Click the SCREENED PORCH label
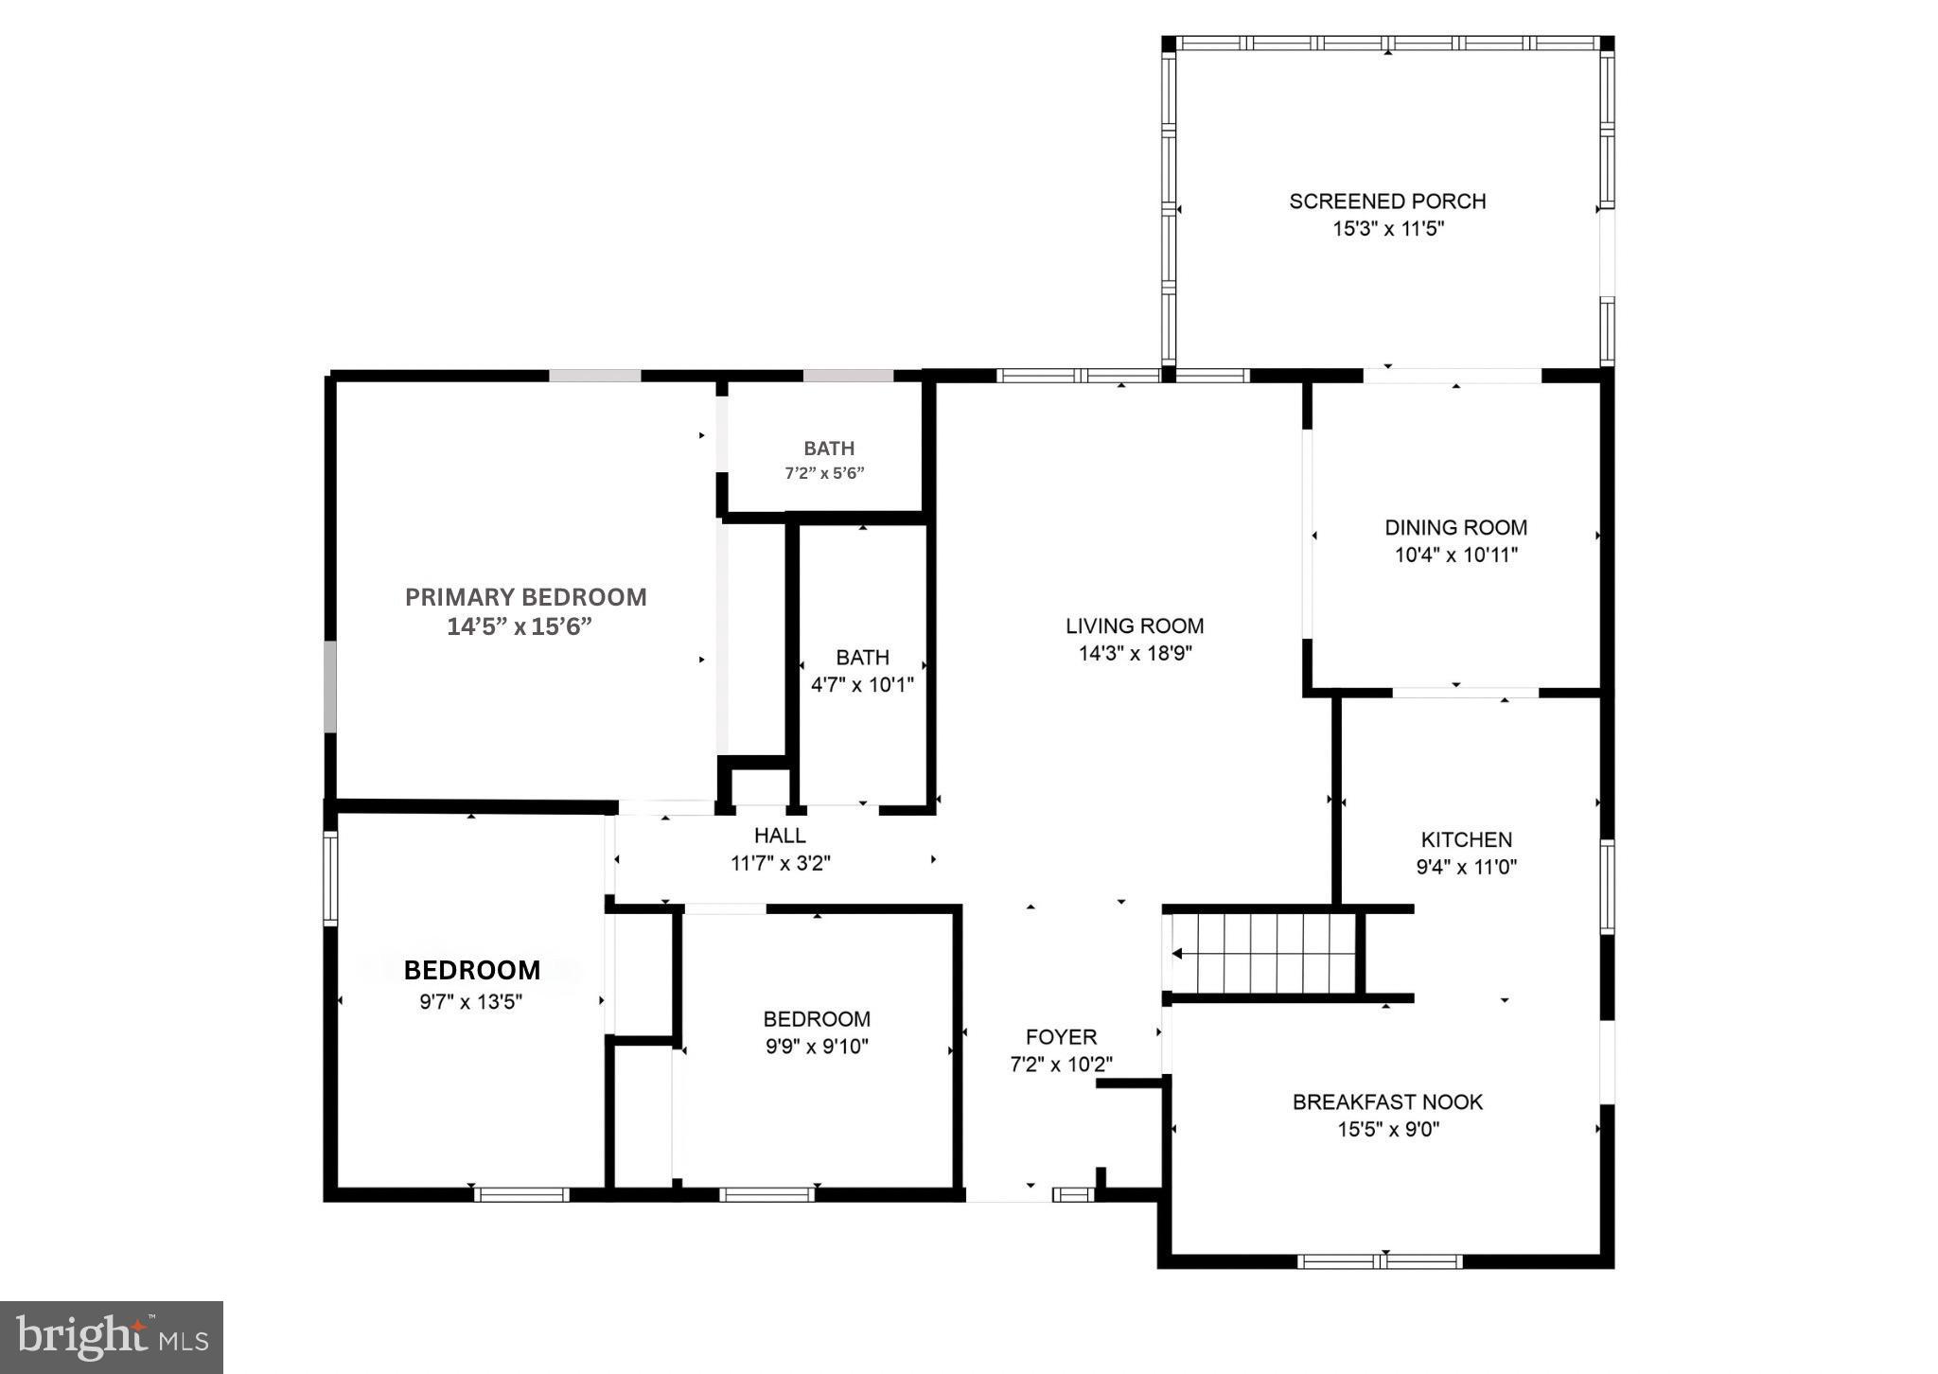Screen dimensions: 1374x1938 (1386, 201)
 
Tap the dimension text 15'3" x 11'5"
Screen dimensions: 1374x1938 (1388, 229)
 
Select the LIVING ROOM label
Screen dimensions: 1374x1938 (1134, 625)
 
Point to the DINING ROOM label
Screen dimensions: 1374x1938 (1455, 527)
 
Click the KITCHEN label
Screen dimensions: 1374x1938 (1466, 839)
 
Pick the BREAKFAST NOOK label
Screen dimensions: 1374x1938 (1387, 1101)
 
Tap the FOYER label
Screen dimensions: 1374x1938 (1061, 1037)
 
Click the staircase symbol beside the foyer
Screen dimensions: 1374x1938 (1264, 953)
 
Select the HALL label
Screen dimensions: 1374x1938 (780, 836)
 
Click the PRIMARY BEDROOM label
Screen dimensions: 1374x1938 (525, 597)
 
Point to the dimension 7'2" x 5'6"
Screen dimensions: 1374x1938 (824, 473)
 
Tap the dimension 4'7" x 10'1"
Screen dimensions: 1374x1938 (862, 685)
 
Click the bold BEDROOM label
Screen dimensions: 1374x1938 (472, 971)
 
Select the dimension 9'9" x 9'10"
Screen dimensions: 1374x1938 (817, 1047)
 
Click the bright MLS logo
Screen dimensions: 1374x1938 (112, 1337)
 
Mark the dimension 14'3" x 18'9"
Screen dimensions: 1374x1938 (1134, 653)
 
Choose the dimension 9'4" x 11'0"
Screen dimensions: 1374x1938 (1466, 867)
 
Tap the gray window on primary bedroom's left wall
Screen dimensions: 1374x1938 (329, 686)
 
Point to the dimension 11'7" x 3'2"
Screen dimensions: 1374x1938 (780, 863)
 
